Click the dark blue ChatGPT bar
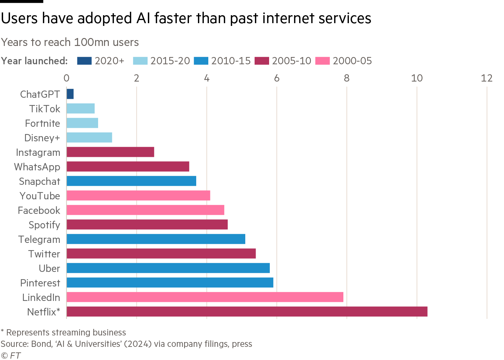(70, 94)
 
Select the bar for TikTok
(80, 108)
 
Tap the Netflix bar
(247, 312)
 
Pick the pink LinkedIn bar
(205, 297)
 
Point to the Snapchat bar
(131, 181)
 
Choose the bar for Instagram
(110, 152)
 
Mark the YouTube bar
(138, 196)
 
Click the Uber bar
(168, 268)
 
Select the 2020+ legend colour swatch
(84, 61)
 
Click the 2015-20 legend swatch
(140, 61)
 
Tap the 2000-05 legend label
(352, 61)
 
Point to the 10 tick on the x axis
(417, 78)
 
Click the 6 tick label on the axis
(276, 78)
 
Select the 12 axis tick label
(486, 78)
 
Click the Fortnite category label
(42, 123)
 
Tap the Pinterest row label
(40, 283)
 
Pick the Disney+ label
(42, 138)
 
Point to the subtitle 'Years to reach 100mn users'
(70, 42)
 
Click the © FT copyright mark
(11, 355)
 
